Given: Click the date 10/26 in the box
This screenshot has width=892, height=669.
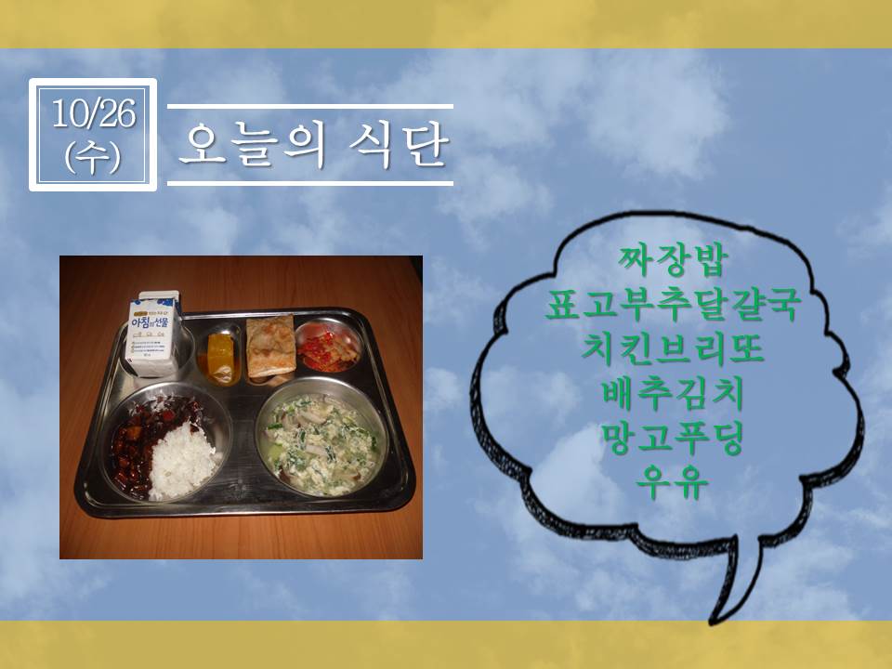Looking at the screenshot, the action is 93,113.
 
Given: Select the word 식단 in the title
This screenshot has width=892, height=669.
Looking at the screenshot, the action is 400,145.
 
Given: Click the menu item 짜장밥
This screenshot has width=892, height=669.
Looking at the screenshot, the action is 673,260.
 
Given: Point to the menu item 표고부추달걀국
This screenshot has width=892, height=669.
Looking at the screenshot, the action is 673,305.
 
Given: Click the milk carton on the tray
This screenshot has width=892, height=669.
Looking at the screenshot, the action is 152,334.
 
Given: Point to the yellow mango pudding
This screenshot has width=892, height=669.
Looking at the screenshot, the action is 221,357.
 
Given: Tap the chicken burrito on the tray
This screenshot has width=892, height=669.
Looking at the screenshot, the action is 270,346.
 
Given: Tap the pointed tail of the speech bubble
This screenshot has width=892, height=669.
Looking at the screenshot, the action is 714,622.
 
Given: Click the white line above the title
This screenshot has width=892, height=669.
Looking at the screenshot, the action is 310,106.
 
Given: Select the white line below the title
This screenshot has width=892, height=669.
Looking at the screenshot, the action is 310,183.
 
